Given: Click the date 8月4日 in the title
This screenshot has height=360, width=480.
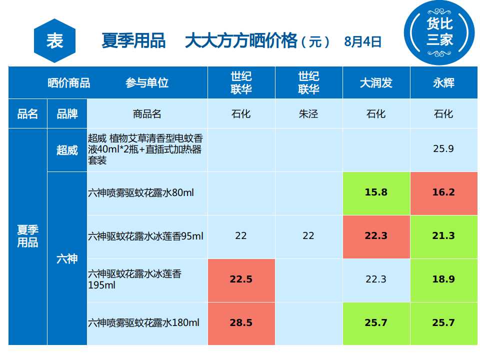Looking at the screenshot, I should (363, 41).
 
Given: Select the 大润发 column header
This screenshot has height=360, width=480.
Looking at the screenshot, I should (376, 83).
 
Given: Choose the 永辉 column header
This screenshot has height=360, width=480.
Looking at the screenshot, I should (443, 83).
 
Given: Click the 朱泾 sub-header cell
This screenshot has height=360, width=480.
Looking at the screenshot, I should (308, 114).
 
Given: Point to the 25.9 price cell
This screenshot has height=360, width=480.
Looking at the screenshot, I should (443, 149).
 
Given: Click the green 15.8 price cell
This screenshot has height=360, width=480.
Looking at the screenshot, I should (376, 192).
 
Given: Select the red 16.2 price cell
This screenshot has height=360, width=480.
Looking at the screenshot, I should (443, 192).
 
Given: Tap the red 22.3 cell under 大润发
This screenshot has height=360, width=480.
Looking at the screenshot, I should (376, 236).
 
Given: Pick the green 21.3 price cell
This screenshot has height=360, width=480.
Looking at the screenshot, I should (443, 236).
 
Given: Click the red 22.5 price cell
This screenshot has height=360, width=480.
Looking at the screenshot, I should (241, 279).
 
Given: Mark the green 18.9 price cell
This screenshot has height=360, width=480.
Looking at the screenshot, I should (443, 279).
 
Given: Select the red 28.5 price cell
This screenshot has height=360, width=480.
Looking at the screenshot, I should (241, 323).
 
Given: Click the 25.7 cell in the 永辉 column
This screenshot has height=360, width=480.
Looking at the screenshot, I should (443, 323).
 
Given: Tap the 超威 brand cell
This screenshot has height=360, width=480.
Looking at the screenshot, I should (67, 150).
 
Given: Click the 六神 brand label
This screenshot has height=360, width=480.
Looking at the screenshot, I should (67, 258).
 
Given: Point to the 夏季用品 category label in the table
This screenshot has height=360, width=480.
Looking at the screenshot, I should (28, 236).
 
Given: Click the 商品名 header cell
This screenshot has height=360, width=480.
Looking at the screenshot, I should (147, 114).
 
